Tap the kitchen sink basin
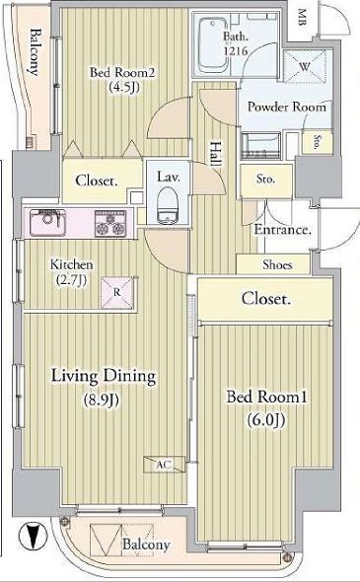(x=44, y=224)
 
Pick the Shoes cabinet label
(x=277, y=264)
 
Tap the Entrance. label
(x=283, y=230)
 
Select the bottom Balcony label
(x=146, y=545)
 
